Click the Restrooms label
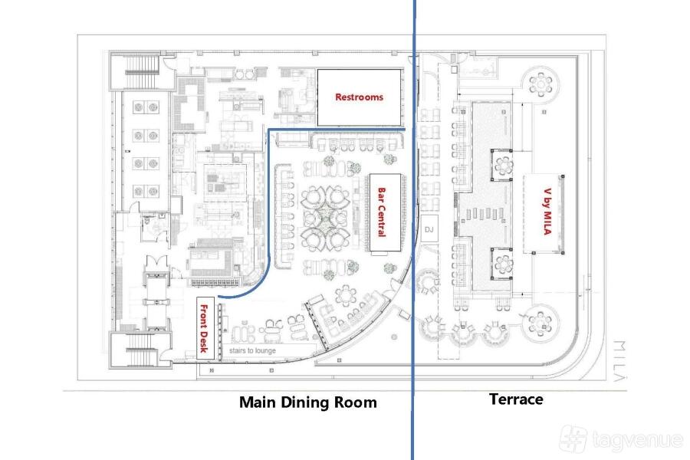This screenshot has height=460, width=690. [359, 97]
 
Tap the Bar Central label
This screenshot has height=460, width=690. [382, 212]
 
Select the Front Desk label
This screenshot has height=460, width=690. [203, 328]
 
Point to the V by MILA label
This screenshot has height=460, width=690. [547, 212]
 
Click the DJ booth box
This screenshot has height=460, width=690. [429, 229]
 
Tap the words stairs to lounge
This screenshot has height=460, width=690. [252, 350]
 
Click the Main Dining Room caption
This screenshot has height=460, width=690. [308, 402]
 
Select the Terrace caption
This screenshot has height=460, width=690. [516, 399]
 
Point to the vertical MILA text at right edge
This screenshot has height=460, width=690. [619, 360]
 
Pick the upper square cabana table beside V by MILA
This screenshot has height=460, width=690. [502, 166]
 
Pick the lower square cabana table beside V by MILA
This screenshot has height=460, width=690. [502, 264]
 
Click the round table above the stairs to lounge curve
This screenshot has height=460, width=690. [346, 295]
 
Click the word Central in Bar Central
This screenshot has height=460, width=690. [382, 220]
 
